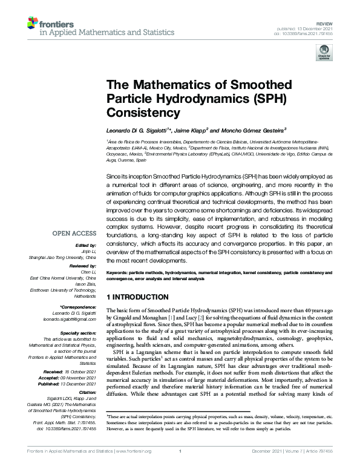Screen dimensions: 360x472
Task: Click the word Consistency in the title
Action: [137, 112]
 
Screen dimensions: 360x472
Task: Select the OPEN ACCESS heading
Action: [74, 233]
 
